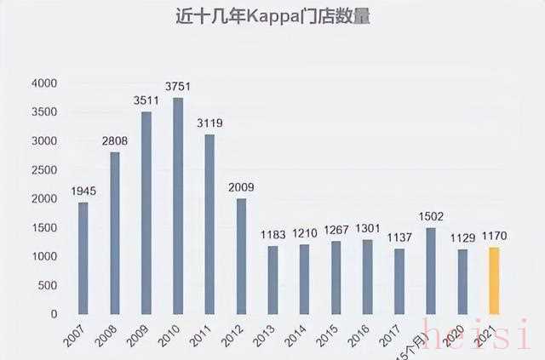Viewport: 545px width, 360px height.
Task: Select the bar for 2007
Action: click(x=83, y=258)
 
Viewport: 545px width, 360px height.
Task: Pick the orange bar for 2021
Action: click(x=494, y=280)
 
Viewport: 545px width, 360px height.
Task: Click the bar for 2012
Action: click(x=241, y=256)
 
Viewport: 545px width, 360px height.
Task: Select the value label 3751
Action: click(x=178, y=89)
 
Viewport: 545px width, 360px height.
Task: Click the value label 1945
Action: click(x=83, y=191)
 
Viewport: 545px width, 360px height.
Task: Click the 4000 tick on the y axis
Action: click(x=43, y=83)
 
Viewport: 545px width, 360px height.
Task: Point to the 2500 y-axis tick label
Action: click(x=43, y=170)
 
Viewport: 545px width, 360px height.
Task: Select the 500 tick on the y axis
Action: click(x=47, y=285)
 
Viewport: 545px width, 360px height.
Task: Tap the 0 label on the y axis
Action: click(x=54, y=314)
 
